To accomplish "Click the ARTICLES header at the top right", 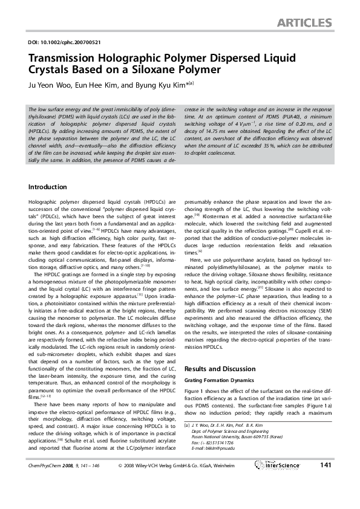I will [304, 24].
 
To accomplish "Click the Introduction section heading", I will [48, 186].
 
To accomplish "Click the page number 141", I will [325, 482].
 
